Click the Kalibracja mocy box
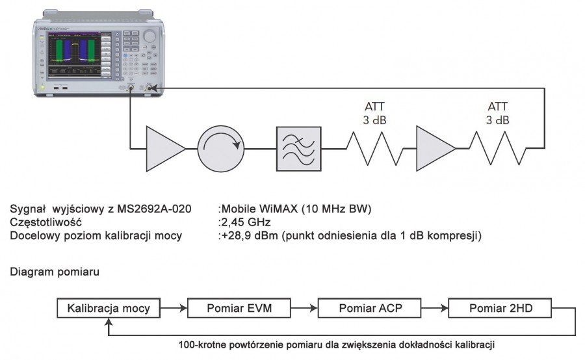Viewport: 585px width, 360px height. [x=109, y=308]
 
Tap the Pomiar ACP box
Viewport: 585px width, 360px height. [x=370, y=308]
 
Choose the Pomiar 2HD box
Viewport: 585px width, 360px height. [x=500, y=308]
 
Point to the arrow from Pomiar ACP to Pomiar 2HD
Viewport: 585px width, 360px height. [x=435, y=308]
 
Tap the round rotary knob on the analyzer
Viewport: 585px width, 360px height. [x=150, y=36]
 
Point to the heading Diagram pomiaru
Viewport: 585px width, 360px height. [x=55, y=272]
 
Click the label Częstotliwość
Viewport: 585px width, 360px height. [x=45, y=222]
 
